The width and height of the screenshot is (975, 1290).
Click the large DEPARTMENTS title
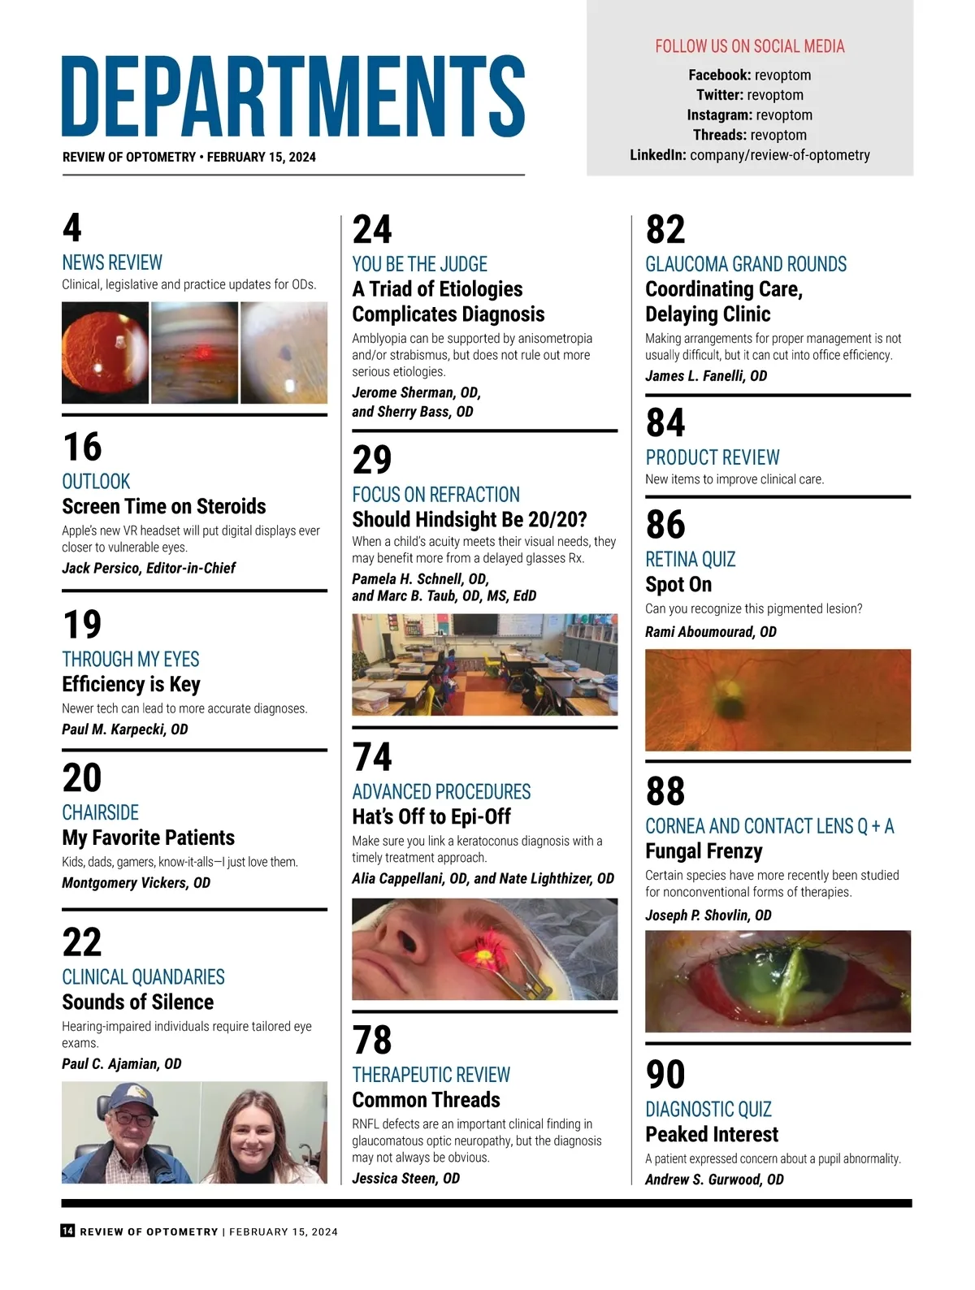(293, 96)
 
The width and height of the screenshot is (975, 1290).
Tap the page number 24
(372, 230)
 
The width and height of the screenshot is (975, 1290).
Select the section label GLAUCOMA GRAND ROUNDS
(745, 264)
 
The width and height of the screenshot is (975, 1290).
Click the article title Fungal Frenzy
(704, 851)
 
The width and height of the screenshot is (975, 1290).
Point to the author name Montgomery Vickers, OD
(136, 883)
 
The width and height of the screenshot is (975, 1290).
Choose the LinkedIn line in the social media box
(749, 155)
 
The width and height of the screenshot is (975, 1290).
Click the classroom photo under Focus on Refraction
(484, 664)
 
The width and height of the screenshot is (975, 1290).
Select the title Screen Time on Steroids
(163, 507)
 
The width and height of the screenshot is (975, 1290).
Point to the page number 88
(665, 791)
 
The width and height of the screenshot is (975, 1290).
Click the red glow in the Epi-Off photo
(491, 946)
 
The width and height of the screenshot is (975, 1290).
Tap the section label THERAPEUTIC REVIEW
(431, 1075)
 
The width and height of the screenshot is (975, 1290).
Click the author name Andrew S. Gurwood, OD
(714, 1180)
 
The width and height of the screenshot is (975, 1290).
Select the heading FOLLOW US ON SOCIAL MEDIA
(749, 46)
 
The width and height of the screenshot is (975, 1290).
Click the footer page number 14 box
(68, 1231)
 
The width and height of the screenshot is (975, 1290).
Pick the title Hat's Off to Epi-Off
(431, 817)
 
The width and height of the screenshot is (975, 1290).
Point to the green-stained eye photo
(778, 980)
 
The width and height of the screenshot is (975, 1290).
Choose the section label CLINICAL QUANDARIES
(143, 977)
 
